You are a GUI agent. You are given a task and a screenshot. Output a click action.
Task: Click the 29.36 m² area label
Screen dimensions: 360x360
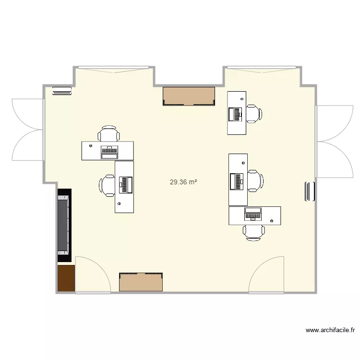coord(183,182)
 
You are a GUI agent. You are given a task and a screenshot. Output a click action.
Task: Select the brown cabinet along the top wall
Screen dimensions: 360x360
coord(189,96)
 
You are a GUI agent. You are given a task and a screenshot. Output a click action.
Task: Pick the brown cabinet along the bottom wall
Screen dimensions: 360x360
coord(142,282)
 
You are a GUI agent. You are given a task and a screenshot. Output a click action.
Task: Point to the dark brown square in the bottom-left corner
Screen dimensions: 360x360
coord(66,278)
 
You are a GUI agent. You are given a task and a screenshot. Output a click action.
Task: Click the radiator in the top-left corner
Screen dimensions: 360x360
coord(61,91)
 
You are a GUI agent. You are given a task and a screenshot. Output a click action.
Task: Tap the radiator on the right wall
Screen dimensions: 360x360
coord(309,192)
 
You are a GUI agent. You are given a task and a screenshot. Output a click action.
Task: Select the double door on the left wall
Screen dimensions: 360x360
coord(28,130)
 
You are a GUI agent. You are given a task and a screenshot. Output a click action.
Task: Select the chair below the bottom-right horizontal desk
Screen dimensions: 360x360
coord(254,232)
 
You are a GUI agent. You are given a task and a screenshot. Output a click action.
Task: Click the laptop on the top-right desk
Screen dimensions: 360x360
coord(236,114)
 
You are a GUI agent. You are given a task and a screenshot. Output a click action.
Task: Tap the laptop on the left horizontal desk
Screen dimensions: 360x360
coord(109,151)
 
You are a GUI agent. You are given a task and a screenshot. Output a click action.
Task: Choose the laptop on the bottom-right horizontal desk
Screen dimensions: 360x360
coord(253,214)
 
